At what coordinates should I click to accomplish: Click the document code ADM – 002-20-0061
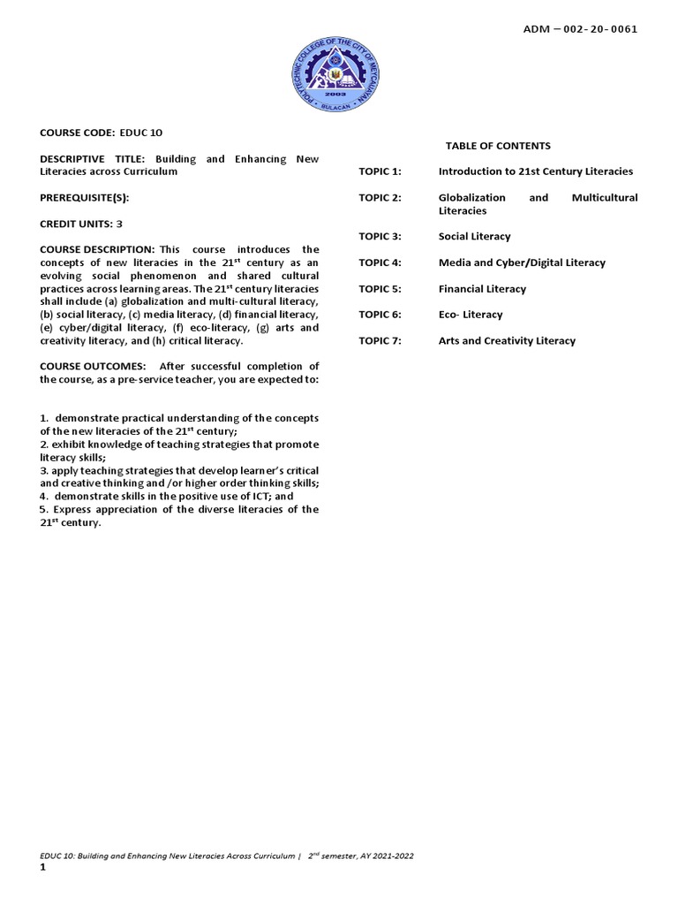[x=581, y=28]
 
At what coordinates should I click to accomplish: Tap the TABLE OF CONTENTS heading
[x=498, y=146]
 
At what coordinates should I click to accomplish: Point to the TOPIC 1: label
[x=380, y=171]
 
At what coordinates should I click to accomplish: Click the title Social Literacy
[x=474, y=237]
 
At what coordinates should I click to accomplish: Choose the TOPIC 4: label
[x=380, y=262]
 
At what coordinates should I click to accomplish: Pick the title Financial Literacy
[x=482, y=289]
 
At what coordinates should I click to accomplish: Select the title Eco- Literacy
[x=471, y=315]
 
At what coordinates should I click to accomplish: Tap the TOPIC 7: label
[x=380, y=341]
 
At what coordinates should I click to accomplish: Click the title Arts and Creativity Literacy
[x=507, y=341]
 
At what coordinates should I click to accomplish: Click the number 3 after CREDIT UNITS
[x=119, y=224]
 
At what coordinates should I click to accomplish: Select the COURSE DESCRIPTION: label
[x=97, y=250]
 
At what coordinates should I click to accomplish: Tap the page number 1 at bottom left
[x=42, y=868]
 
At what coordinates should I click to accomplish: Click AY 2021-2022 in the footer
[x=385, y=856]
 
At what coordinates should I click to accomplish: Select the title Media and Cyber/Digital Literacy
[x=522, y=262]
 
